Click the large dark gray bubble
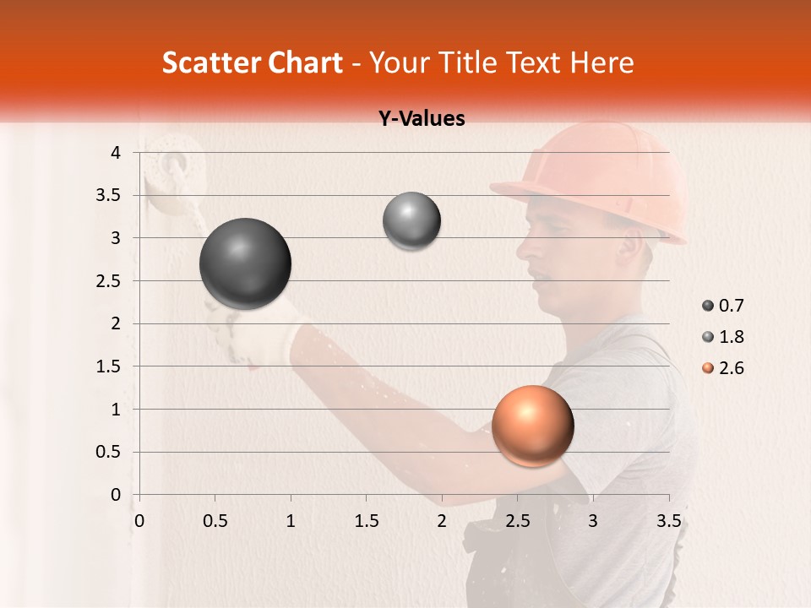coord(246,263)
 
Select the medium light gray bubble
coord(411,221)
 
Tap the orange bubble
coord(532,426)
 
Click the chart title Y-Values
coord(422,119)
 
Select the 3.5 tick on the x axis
coord(668,521)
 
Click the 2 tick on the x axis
coord(442,521)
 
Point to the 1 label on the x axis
coord(291,521)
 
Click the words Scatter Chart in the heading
coord(252,62)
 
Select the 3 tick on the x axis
coord(593,521)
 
